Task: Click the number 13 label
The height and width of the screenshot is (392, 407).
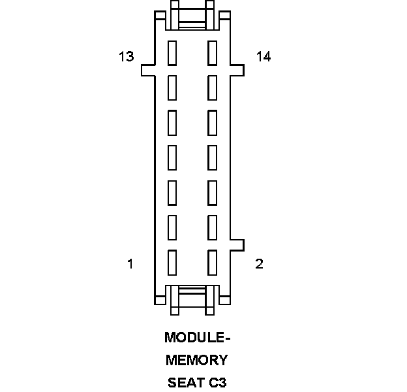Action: click(127, 57)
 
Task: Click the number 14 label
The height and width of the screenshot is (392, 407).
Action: click(264, 57)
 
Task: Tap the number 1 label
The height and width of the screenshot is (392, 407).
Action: click(130, 264)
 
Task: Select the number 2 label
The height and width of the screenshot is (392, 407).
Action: click(260, 264)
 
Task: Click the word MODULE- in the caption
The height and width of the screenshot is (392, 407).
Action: click(198, 338)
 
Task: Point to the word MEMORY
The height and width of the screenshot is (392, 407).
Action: click(197, 360)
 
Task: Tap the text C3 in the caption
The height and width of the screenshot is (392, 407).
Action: click(218, 382)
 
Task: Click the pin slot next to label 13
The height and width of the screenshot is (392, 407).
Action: click(173, 53)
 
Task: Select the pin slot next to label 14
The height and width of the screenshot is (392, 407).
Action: click(212, 53)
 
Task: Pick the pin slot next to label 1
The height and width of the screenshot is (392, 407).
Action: click(173, 261)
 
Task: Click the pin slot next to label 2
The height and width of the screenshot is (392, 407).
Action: click(212, 261)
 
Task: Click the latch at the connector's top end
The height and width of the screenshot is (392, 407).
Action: click(192, 16)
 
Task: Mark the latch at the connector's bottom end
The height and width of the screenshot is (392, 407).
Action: click(192, 299)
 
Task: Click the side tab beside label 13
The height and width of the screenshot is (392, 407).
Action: click(149, 69)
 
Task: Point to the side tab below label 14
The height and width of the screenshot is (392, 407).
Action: click(237, 69)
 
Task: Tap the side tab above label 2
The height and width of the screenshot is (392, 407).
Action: click(237, 244)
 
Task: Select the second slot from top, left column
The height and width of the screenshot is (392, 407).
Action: click(173, 87)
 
